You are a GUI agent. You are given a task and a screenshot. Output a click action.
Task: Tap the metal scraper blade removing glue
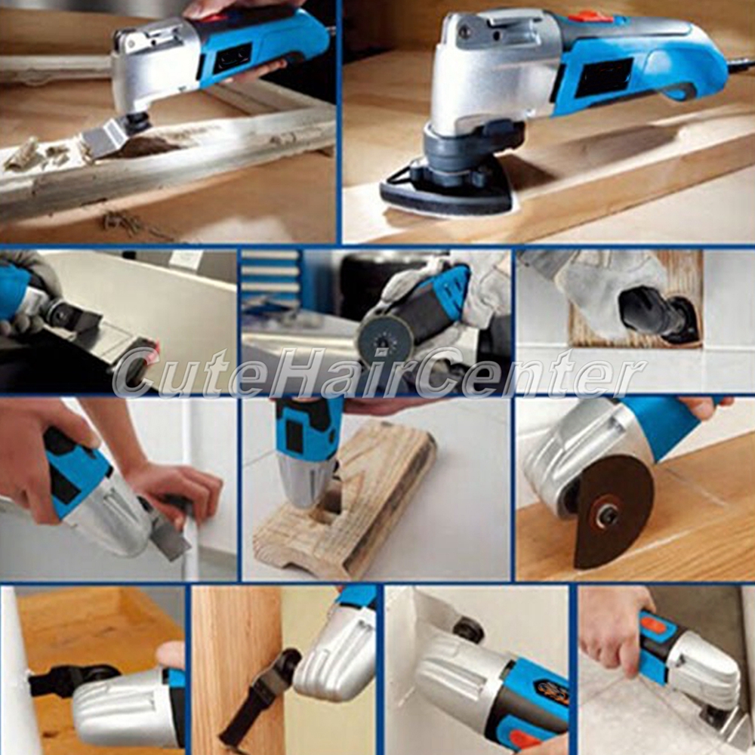coord(108,137)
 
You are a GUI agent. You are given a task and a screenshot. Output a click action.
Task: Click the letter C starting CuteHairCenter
coord(137,373)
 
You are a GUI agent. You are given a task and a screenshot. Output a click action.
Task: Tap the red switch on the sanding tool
coord(590,18)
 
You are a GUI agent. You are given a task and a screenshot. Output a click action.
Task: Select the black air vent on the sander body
coord(604,78)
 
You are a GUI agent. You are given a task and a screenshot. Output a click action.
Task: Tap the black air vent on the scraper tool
coord(232,58)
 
